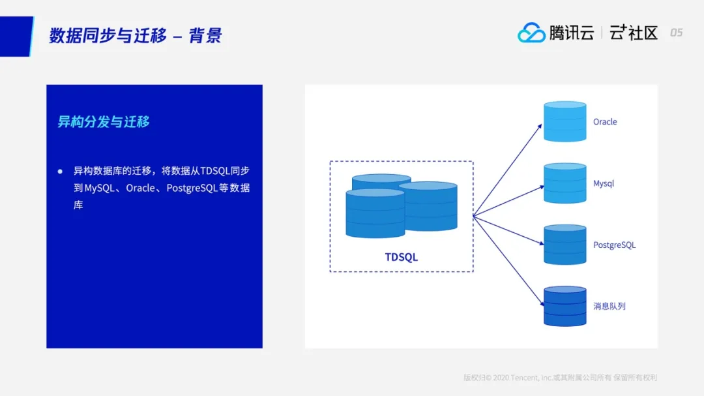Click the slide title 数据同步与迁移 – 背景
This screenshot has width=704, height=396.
pos(136,35)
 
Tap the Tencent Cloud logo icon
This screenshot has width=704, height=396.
pos(531,33)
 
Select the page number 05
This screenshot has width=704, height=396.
pos(676,33)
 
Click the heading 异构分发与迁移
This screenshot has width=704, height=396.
pos(104,122)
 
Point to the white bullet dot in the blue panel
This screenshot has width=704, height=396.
pos(60,171)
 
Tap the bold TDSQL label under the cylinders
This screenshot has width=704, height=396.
pos(401,257)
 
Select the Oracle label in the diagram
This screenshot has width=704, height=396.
pos(605,122)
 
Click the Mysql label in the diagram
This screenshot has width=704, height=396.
pos(604,183)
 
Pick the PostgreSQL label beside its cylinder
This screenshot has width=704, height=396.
pos(614,245)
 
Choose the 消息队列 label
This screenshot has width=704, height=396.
pos(609,306)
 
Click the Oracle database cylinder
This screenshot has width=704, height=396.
pos(565,121)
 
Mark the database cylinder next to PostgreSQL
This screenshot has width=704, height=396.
pos(565,245)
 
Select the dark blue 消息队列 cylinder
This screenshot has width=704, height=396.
pos(565,306)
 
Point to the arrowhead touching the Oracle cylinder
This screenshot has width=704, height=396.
pos(540,126)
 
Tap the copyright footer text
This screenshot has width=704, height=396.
pos(560,378)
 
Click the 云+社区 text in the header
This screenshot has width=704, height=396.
pos(634,33)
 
